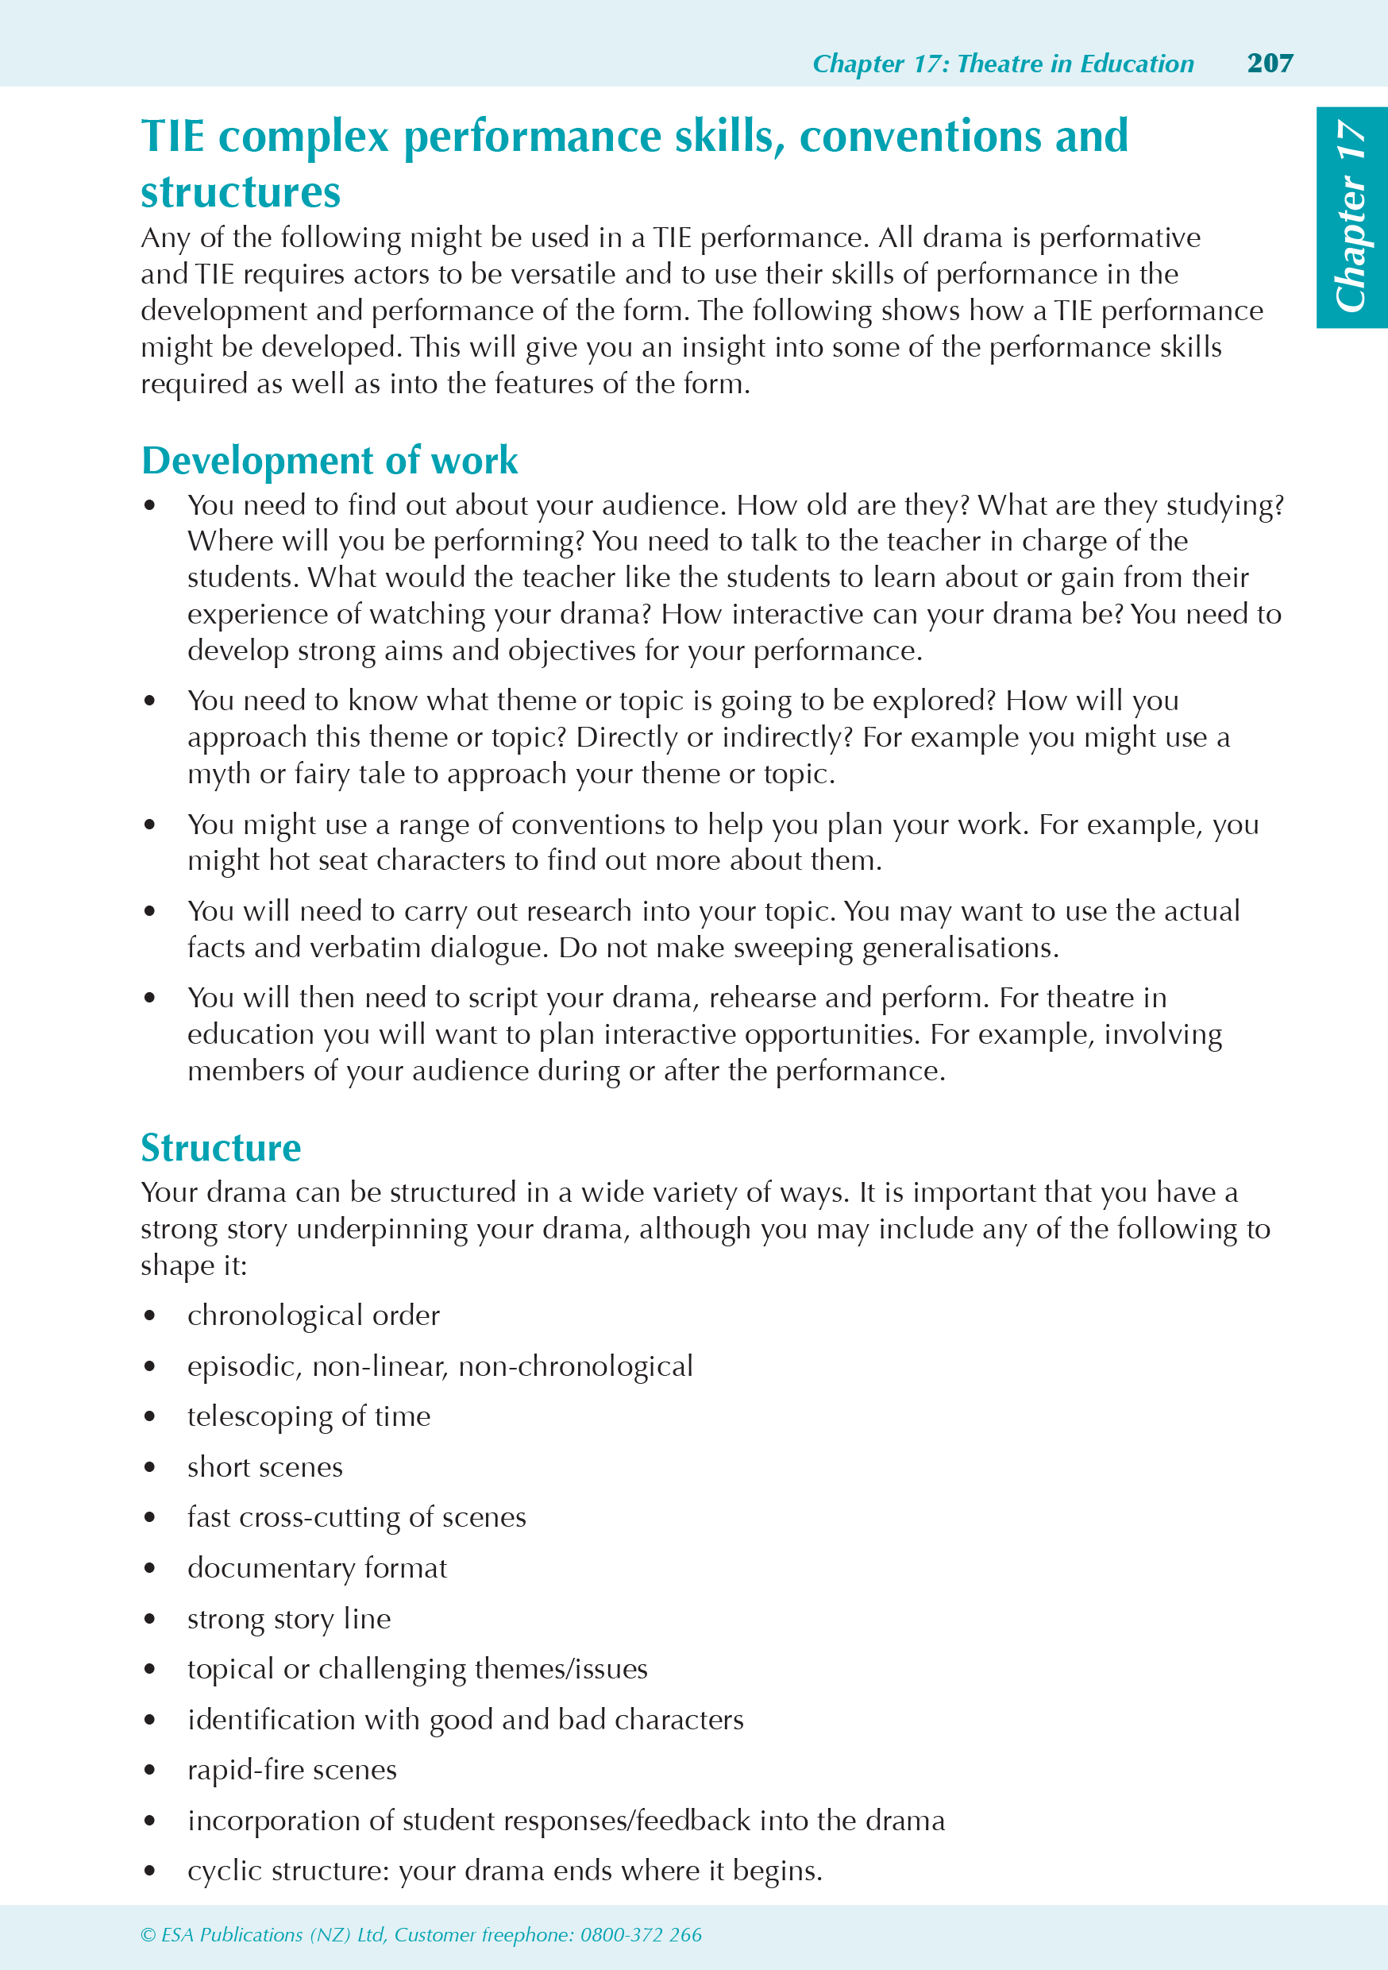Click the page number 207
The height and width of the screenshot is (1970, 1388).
(x=1270, y=63)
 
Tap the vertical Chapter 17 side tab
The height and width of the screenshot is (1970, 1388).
(x=1351, y=217)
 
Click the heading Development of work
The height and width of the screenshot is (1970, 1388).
(x=330, y=461)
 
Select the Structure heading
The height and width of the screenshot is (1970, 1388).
(x=221, y=1148)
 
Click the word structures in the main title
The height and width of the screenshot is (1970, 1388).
(x=240, y=191)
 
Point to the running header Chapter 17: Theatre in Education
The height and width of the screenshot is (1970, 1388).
(x=1002, y=64)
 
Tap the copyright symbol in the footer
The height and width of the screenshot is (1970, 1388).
(x=148, y=1935)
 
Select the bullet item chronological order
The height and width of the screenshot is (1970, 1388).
(x=313, y=1315)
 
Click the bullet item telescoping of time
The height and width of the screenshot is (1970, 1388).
(x=309, y=1416)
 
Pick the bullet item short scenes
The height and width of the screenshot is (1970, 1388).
(x=265, y=1467)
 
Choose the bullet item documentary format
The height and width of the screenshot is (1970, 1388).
(x=318, y=1568)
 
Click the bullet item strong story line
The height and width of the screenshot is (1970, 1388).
(x=289, y=1619)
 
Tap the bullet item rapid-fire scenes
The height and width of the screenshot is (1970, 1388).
(x=291, y=1770)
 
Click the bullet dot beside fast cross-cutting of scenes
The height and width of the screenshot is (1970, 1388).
(x=150, y=1518)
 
